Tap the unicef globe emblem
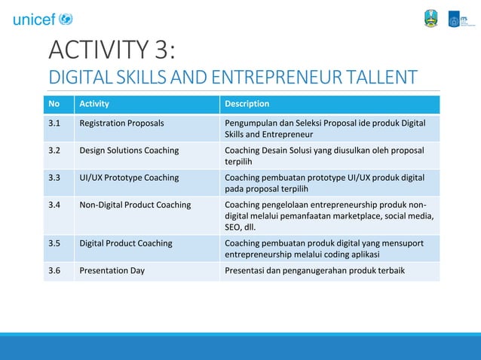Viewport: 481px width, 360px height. pos(66,19)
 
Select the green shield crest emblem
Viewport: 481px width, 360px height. pos(430,19)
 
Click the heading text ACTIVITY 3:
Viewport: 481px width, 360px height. pos(112,50)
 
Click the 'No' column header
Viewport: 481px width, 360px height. pos(54,104)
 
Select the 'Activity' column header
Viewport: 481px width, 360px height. pos(94,104)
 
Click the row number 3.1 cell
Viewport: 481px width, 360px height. pos(54,123)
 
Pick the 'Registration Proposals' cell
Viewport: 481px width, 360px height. pos(121,123)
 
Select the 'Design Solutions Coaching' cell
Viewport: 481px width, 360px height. pos(129,150)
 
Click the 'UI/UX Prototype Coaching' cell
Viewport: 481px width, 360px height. pos(129,178)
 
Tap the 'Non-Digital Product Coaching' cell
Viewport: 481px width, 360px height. pos(135,205)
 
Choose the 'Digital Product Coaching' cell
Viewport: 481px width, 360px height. pos(126,243)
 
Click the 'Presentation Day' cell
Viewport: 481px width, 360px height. pos(112,270)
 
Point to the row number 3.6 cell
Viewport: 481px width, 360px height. pos(54,270)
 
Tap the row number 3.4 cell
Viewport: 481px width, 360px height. pos(54,205)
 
